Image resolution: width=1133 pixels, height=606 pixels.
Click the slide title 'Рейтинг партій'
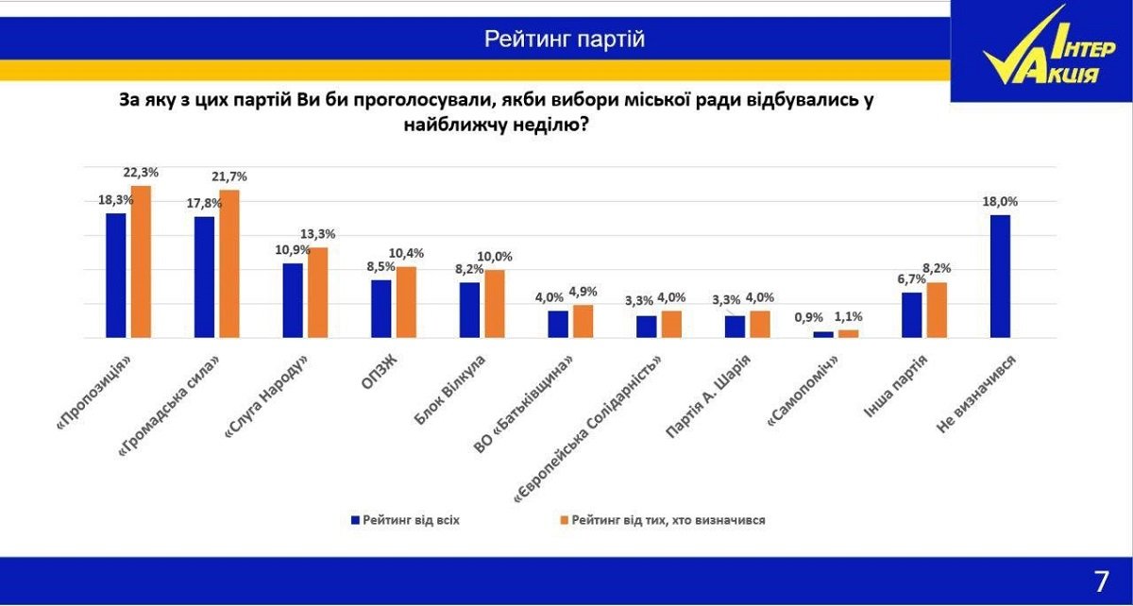tap(565, 39)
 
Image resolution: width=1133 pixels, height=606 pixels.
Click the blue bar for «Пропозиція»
tap(116, 276)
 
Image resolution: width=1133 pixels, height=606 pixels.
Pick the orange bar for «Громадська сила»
tap(229, 264)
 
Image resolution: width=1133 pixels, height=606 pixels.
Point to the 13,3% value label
tap(318, 234)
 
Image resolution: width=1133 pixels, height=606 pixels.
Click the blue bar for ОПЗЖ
tap(381, 309)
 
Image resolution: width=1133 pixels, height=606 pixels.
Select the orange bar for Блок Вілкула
tap(495, 304)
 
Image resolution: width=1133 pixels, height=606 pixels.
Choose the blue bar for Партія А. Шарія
tap(736, 327)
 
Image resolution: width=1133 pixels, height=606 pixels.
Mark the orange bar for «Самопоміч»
tap(849, 333)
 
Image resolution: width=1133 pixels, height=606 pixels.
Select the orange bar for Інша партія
tap(937, 310)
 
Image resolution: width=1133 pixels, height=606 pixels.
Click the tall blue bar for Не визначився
tap(1001, 277)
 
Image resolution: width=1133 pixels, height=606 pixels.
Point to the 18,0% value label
tap(1001, 202)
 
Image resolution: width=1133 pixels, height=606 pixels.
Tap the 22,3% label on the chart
tap(141, 173)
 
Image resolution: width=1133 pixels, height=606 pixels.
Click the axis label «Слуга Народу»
tap(264, 393)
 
